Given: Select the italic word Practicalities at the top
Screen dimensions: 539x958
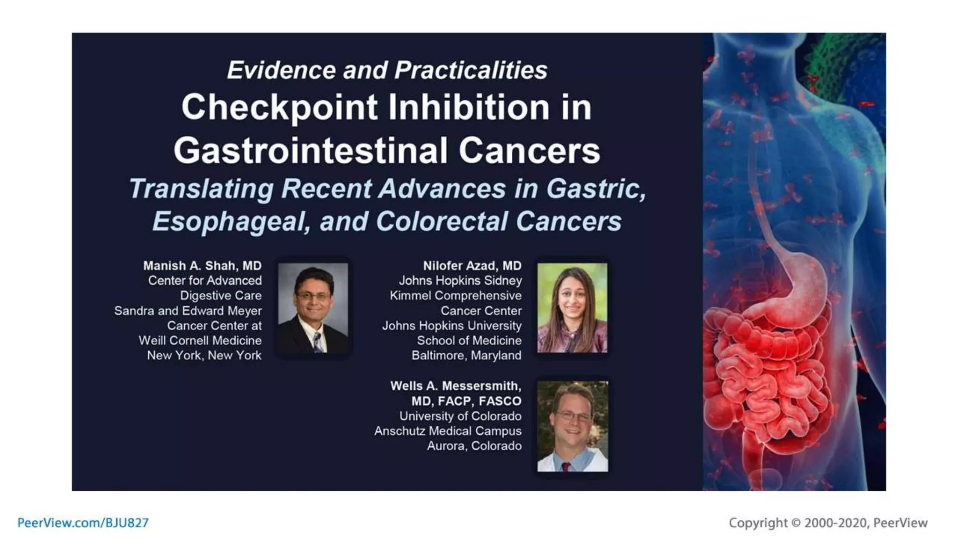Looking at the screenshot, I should [x=470, y=70].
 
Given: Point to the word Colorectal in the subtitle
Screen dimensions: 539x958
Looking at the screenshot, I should [x=442, y=221].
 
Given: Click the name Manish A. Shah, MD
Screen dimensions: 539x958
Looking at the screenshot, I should [x=202, y=266].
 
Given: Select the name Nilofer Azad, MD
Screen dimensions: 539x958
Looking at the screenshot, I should [x=472, y=266].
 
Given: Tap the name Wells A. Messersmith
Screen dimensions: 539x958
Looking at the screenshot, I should [x=455, y=386].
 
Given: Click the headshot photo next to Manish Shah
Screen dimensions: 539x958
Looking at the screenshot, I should [x=313, y=307].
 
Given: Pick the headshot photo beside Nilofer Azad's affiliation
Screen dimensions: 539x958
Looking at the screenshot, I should [x=572, y=307].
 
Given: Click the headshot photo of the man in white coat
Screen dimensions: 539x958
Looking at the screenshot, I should [x=572, y=426].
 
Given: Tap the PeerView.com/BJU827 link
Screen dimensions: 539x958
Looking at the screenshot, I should [x=83, y=523].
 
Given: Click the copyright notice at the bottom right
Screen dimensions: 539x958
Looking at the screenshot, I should [x=827, y=523].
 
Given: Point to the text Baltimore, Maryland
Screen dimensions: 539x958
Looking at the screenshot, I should [x=466, y=356].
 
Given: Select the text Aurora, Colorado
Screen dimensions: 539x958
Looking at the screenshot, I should [x=474, y=446].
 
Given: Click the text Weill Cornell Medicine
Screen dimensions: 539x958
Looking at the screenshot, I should [x=200, y=341].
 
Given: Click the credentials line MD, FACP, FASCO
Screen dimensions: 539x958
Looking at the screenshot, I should [x=466, y=401].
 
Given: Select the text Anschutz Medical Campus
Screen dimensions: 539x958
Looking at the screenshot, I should [x=447, y=431].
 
